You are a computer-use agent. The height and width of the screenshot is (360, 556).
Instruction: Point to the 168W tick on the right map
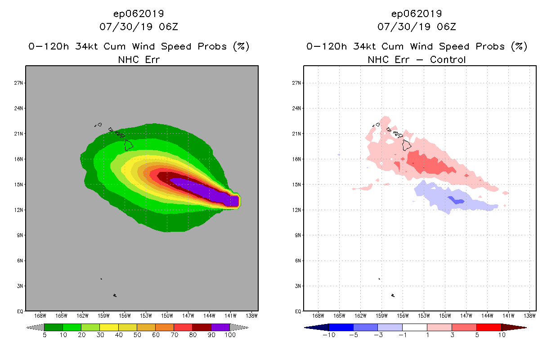click(318, 315)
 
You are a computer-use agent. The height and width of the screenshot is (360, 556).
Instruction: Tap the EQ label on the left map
click(21, 311)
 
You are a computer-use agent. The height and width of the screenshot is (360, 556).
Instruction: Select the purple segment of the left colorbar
click(220, 327)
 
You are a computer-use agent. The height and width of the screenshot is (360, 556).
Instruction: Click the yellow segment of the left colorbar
click(109, 327)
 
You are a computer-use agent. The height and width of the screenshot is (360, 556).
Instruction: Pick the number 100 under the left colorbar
click(229, 335)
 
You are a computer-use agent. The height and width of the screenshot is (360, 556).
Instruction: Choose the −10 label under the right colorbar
click(329, 335)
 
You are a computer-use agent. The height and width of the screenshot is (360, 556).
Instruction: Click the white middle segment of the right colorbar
click(414, 327)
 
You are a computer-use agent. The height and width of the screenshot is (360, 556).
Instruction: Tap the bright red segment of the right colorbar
click(488, 327)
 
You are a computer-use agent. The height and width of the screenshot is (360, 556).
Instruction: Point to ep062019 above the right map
click(417, 13)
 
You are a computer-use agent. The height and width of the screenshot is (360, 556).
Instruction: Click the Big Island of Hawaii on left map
click(129, 144)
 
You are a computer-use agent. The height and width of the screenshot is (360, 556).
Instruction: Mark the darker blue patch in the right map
click(457, 201)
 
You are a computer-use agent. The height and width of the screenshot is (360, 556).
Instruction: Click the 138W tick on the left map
click(252, 315)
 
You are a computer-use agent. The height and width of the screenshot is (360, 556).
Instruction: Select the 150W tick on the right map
click(445, 315)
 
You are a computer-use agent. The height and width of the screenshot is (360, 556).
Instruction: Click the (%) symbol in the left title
click(241, 46)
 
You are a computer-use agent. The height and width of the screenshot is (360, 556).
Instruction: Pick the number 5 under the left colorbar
click(45, 335)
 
